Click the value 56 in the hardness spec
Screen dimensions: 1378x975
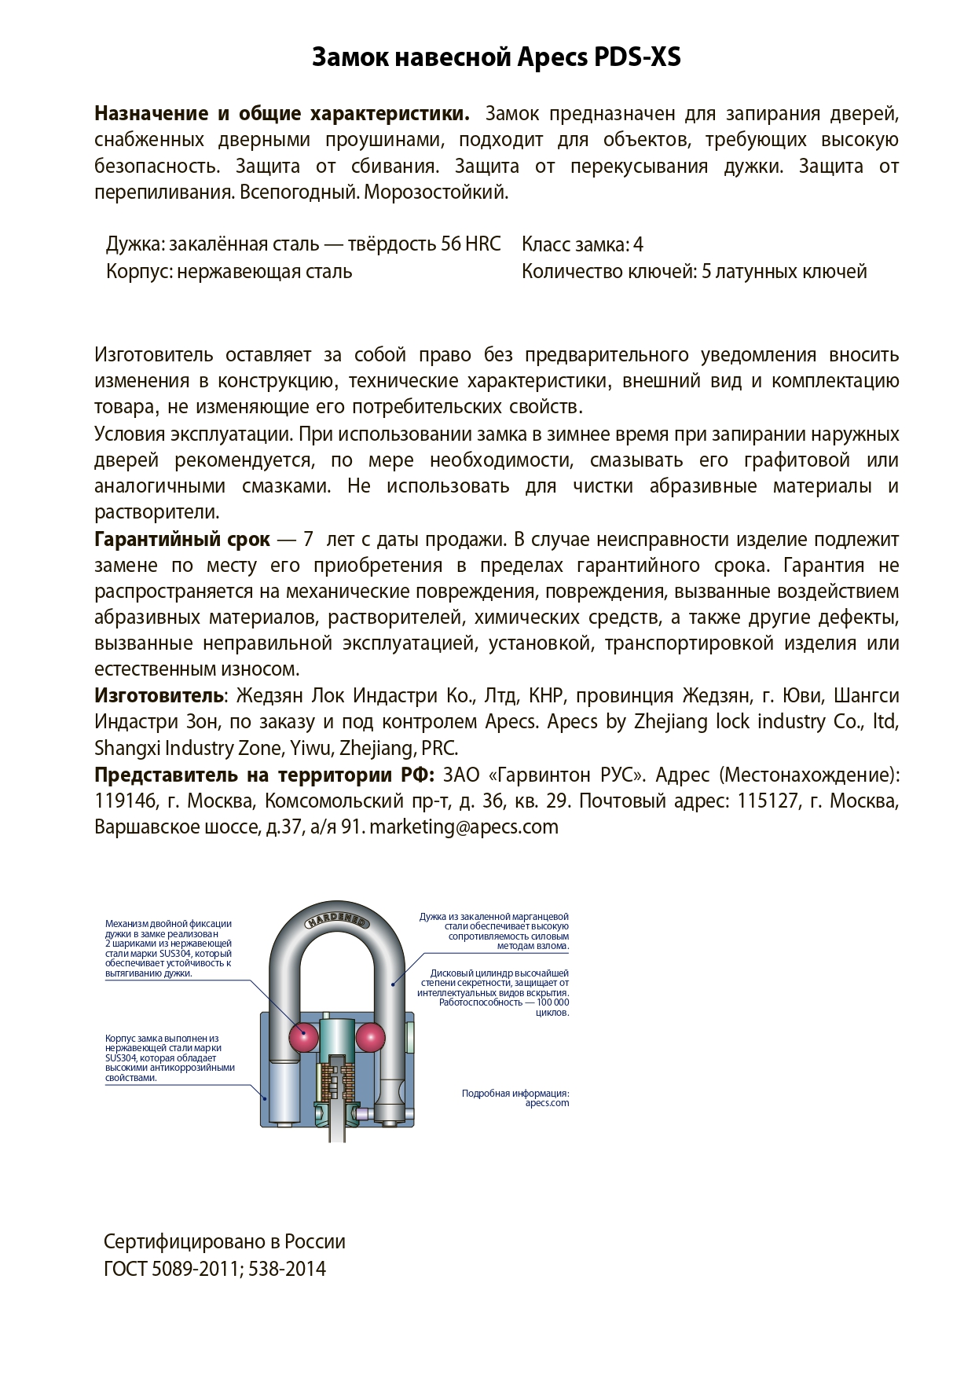pyautogui.click(x=451, y=244)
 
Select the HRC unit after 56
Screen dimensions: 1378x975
pyautogui.click(x=482, y=244)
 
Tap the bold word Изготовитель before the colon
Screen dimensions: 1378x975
pyautogui.click(x=159, y=696)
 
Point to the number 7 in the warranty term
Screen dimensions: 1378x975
pyautogui.click(x=308, y=540)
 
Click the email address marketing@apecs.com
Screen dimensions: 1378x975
pyautogui.click(x=464, y=827)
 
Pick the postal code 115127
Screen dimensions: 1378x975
pyautogui.click(x=768, y=801)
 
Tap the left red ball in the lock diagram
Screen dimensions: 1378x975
pyautogui.click(x=303, y=1038)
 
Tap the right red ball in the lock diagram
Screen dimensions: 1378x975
pyautogui.click(x=370, y=1038)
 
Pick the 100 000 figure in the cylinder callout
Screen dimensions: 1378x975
pyautogui.click(x=552, y=1002)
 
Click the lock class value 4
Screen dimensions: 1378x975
pyautogui.click(x=638, y=245)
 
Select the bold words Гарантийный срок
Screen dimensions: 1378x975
pyautogui.click(x=181, y=540)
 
